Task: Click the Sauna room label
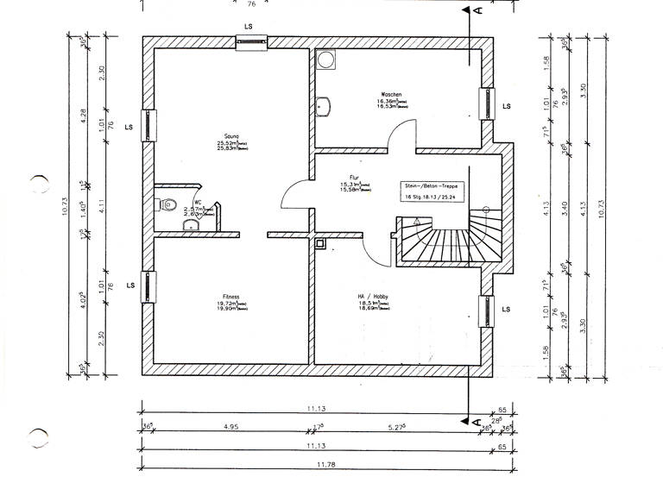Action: click(x=230, y=136)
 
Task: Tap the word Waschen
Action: click(x=391, y=94)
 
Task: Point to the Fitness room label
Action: click(x=229, y=295)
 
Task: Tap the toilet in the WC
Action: click(x=169, y=204)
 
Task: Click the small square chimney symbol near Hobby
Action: click(x=321, y=244)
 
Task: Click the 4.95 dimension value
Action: click(x=230, y=426)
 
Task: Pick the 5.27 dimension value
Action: click(x=398, y=426)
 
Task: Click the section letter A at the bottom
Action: click(x=476, y=422)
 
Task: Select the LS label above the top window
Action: click(x=249, y=28)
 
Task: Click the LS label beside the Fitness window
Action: click(x=129, y=285)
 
